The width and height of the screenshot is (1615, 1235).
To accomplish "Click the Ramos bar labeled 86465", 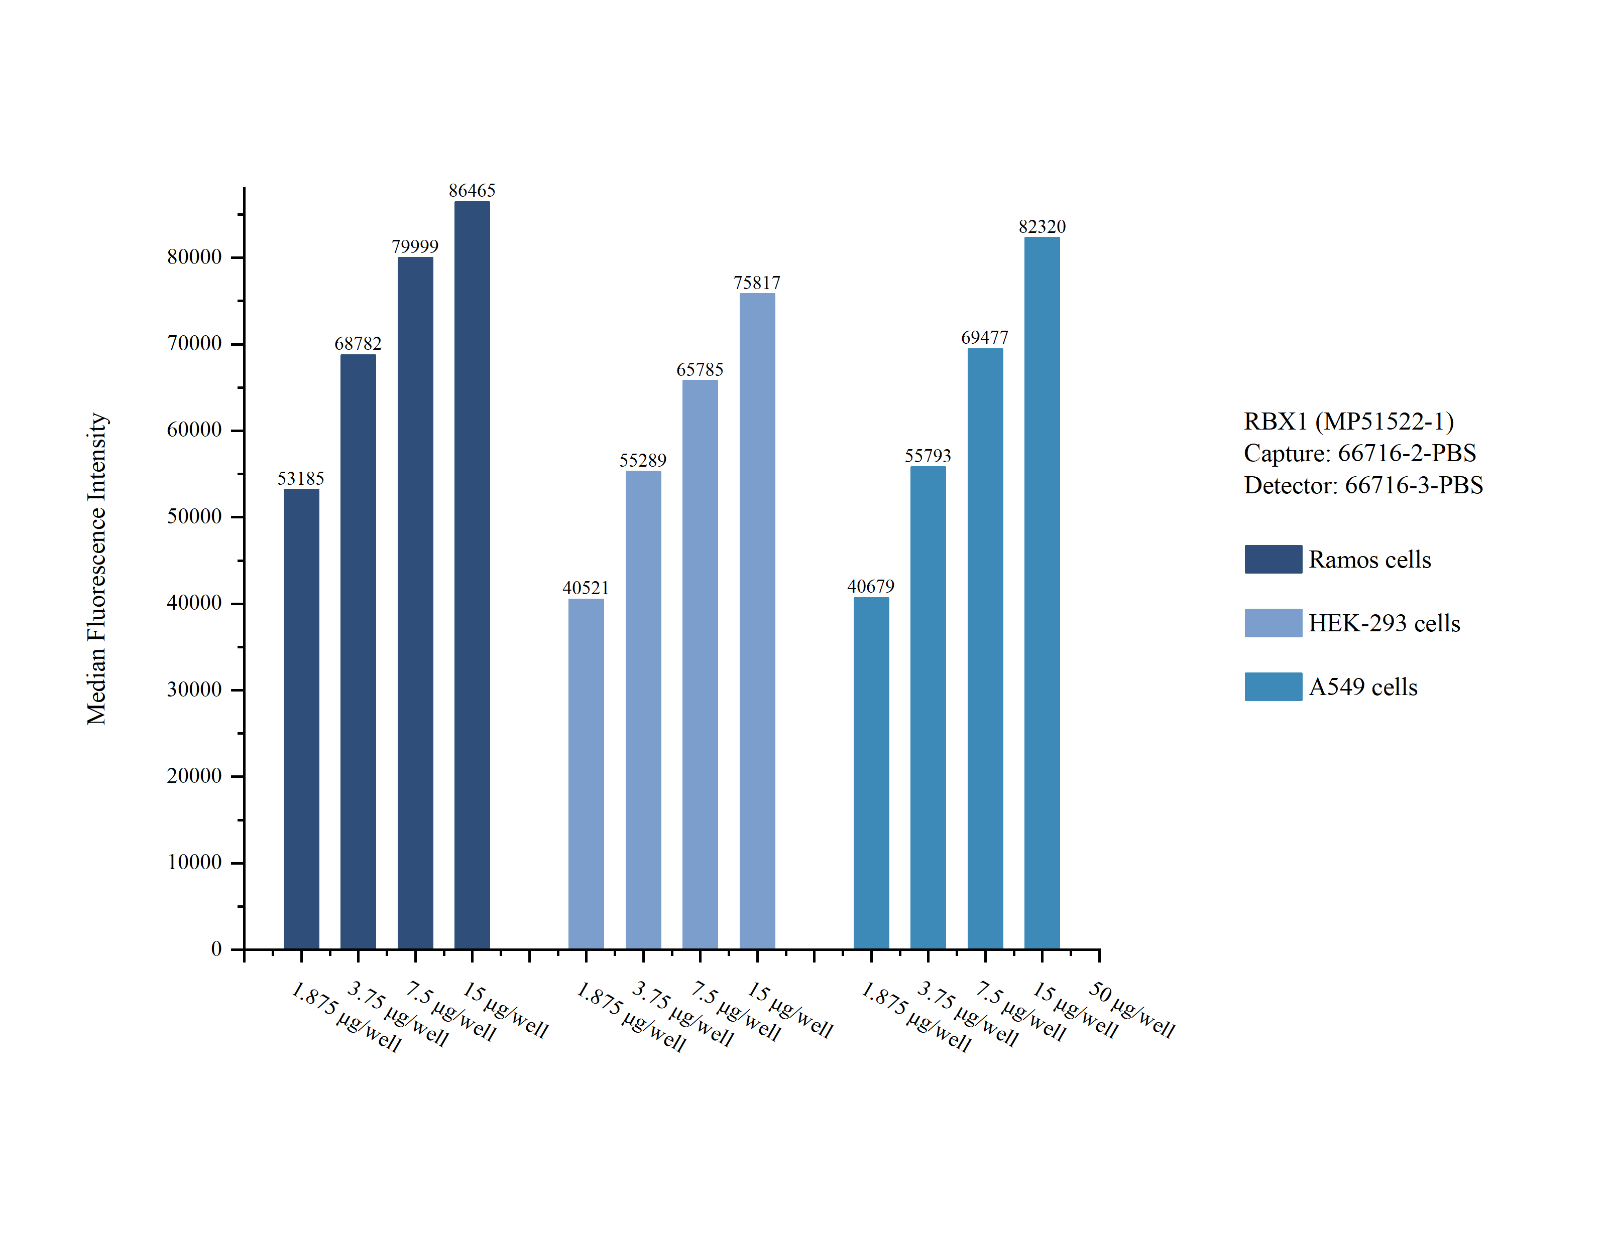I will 472,574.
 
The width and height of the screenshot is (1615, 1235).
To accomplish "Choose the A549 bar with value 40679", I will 871,772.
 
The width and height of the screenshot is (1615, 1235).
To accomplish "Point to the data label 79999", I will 415,246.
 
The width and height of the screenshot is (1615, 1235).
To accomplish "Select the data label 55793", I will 928,456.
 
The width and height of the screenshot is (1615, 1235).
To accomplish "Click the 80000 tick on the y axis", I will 194,257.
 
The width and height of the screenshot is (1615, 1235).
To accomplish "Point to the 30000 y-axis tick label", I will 194,690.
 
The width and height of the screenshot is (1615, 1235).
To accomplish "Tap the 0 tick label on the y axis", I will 216,949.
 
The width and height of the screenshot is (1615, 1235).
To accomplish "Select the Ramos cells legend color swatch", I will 1273,560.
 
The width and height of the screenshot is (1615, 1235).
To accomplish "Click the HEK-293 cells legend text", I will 1383,623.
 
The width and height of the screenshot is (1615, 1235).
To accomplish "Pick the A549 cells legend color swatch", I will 1273,687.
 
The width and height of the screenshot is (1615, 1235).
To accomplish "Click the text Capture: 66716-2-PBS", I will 1359,453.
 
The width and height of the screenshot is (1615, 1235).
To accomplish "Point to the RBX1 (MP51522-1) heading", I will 1348,421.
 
